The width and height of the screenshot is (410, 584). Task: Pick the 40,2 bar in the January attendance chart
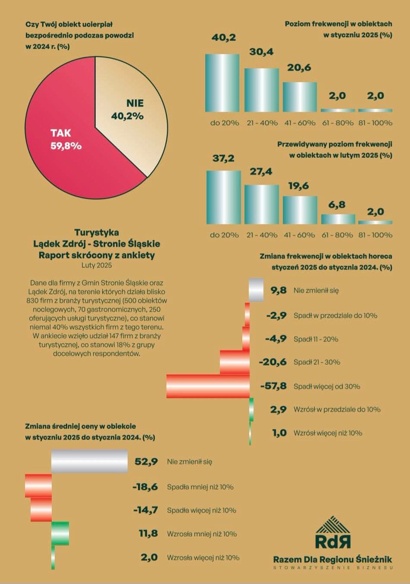pyautogui.click(x=222, y=83)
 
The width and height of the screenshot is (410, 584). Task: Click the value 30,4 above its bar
pyautogui.click(x=261, y=52)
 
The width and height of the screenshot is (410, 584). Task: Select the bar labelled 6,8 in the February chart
pyautogui.click(x=338, y=219)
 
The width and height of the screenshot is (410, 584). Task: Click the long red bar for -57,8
pyautogui.click(x=208, y=386)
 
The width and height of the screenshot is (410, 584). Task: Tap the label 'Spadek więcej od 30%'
pyautogui.click(x=327, y=386)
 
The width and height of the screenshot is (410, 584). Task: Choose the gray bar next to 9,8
pyautogui.click(x=256, y=291)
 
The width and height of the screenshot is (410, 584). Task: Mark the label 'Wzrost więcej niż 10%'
pyautogui.click(x=328, y=433)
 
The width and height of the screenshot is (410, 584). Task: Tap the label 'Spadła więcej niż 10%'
pyautogui.click(x=201, y=511)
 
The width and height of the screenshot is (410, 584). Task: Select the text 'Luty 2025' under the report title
pyautogui.click(x=97, y=265)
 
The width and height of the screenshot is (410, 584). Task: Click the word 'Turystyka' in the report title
pyautogui.click(x=97, y=232)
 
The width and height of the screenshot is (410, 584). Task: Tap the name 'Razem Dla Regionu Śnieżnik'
pyautogui.click(x=333, y=559)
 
